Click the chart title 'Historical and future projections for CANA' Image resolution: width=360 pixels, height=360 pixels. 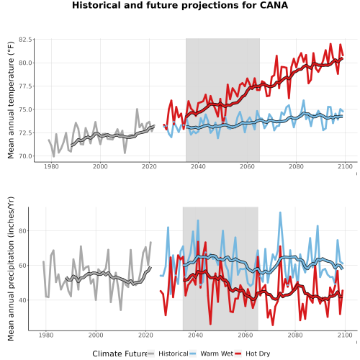click(180, 5)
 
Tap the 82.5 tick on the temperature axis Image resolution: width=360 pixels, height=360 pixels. click(25, 40)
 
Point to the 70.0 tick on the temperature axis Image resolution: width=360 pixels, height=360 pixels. click(25, 156)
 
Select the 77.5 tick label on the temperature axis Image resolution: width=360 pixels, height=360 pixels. click(25, 86)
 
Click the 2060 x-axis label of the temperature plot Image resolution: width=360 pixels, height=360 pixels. click(247, 166)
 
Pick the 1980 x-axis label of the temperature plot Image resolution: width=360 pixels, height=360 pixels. click(51, 166)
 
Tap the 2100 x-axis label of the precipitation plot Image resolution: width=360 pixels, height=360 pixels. click(345, 335)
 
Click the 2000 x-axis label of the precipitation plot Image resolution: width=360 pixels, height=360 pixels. click(96, 335)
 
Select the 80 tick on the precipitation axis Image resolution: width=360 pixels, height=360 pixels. click(22, 231)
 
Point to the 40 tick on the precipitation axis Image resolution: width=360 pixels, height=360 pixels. click(22, 300)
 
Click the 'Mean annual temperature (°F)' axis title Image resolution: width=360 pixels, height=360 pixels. click(11, 100)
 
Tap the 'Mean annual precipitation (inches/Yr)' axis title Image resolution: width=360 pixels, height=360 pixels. click(11, 269)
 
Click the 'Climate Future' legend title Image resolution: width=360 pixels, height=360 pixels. click(120, 354)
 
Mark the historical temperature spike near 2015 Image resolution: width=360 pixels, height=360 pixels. click(137, 109)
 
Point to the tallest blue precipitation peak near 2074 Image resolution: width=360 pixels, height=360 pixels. click(280, 212)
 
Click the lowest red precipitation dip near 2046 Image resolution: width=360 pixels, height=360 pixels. click(210, 324)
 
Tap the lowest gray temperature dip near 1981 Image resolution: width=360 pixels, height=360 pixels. click(54, 156)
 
